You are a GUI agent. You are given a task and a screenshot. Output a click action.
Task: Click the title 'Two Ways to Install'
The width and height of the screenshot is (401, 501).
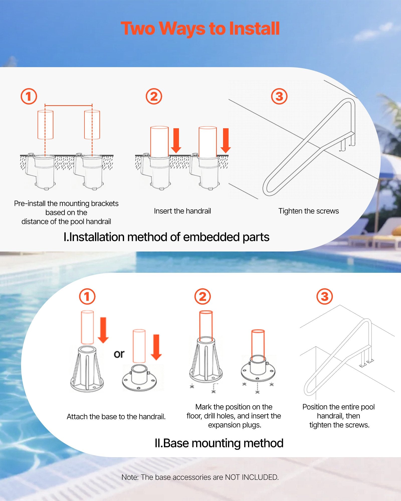point(200,29)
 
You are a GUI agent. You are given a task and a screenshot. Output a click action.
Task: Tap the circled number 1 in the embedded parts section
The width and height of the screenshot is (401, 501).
point(29,96)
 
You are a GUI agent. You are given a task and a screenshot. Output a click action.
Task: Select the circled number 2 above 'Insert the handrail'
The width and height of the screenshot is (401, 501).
point(154,96)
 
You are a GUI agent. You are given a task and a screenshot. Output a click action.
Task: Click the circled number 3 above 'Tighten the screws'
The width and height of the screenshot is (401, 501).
point(279,96)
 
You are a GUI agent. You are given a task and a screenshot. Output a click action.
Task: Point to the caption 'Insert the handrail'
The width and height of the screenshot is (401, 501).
point(182,211)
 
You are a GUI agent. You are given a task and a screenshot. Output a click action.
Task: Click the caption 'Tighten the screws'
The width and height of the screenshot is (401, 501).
point(309,211)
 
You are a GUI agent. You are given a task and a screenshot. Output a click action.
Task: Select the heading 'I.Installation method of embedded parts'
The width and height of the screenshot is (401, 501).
point(166,237)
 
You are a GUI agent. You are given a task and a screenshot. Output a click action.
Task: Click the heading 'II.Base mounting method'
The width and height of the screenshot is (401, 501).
point(219,443)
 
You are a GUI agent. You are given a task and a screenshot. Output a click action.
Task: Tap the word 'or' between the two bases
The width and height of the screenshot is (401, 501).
point(119,354)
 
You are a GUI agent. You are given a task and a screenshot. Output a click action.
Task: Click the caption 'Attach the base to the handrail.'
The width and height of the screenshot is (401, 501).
point(116,417)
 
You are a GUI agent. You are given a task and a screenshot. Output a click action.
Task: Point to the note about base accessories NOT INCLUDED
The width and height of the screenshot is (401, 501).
point(200,477)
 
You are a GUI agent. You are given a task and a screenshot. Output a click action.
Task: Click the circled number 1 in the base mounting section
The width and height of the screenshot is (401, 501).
point(87,297)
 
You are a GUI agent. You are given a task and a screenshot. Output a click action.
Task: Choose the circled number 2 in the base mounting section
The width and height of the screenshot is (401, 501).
point(203,297)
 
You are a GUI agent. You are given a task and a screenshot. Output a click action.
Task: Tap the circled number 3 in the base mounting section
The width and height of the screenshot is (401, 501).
point(325,297)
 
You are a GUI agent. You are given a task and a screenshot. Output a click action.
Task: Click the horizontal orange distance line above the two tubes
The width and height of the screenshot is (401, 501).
point(68,106)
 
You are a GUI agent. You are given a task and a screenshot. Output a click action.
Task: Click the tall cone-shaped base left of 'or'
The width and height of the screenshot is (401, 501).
point(87,368)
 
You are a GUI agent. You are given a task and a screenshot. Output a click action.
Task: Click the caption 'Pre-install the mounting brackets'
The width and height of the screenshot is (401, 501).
point(66,203)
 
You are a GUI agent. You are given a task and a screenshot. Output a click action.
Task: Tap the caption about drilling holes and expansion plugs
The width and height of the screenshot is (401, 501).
point(234,416)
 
